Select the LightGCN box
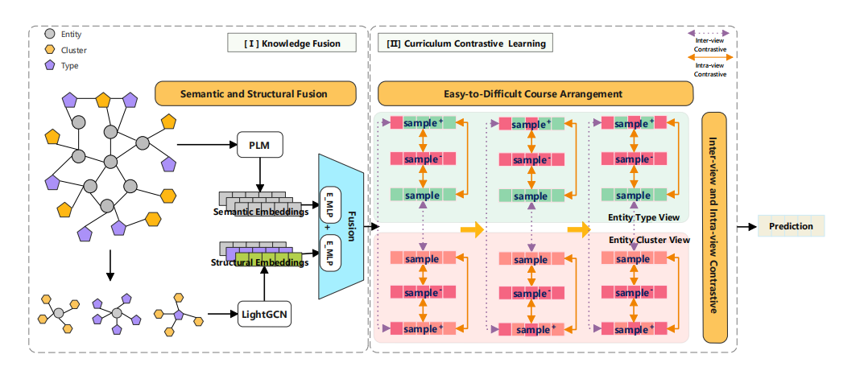click(x=260, y=313)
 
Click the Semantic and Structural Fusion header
click(x=255, y=94)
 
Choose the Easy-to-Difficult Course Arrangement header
click(x=535, y=94)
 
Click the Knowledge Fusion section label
click(x=293, y=43)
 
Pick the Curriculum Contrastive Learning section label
click(x=465, y=43)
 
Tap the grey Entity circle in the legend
click(x=50, y=35)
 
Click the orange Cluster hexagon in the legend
click(x=50, y=50)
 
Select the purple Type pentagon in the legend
click(x=50, y=65)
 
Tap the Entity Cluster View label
click(x=649, y=240)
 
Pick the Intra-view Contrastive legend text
click(x=710, y=69)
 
